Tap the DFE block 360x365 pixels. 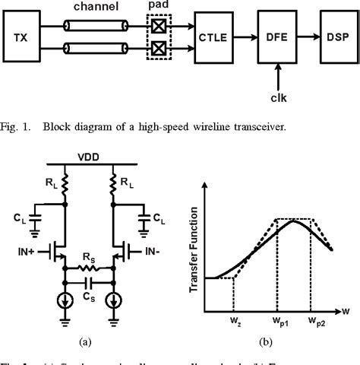pos(278,36)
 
